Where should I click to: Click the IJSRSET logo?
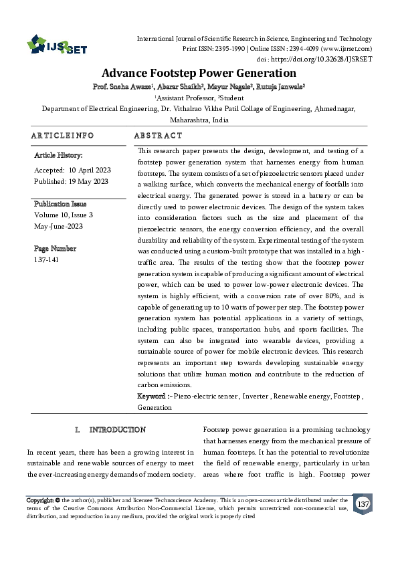[51, 45]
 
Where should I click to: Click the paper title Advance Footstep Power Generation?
[199, 73]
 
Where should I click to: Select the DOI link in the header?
[329, 58]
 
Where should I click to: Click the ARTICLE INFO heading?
[62, 135]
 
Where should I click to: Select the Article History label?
[58, 155]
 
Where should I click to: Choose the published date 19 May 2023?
[90, 181]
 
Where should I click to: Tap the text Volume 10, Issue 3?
[64, 215]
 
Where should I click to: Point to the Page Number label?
[55, 248]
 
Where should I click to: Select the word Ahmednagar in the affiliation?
[331, 108]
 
